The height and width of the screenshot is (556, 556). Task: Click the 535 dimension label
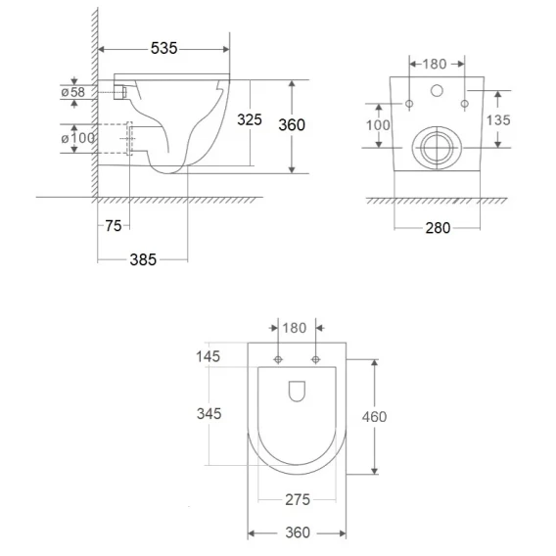(x=163, y=48)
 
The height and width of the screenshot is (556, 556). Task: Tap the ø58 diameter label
(x=73, y=92)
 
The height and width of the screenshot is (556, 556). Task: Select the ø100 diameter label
(x=77, y=138)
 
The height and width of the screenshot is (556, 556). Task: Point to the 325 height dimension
(x=250, y=119)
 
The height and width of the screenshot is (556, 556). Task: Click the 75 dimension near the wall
(x=114, y=226)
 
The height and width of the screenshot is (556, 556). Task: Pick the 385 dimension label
(x=143, y=260)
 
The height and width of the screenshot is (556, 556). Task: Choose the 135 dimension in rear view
(x=498, y=120)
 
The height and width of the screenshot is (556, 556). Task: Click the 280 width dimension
(x=438, y=228)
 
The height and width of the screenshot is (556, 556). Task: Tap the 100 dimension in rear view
(x=378, y=125)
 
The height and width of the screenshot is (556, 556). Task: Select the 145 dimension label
(x=208, y=356)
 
